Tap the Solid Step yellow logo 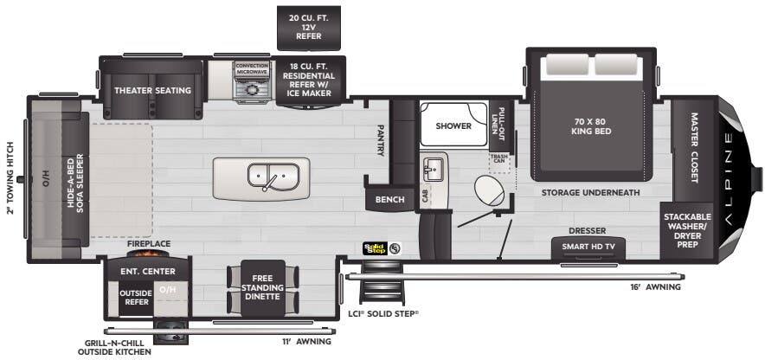[375, 248]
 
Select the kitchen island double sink [273, 176]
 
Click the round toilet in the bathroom [489, 190]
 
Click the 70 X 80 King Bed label [591, 126]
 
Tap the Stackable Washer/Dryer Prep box [687, 231]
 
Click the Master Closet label [694, 148]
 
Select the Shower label [453, 125]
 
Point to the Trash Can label [500, 158]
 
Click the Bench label [389, 200]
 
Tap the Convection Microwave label [252, 68]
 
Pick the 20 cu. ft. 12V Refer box [309, 28]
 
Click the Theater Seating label [152, 91]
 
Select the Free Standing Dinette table [263, 288]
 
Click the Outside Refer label [137, 297]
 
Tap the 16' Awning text [655, 286]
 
